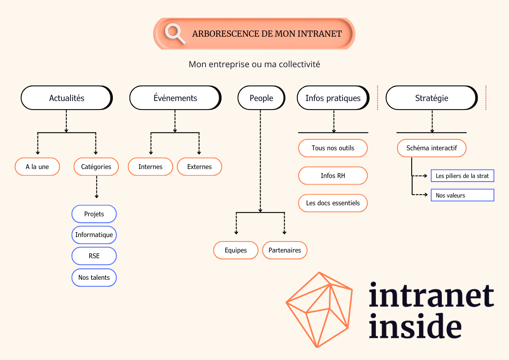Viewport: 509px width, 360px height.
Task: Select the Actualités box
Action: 66,98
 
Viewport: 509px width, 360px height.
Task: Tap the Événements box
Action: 175,98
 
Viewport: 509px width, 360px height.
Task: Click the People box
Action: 261,98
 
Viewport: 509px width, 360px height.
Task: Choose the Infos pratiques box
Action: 333,98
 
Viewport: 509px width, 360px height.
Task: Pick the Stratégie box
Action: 431,98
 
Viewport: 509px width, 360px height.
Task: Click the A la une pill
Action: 37,167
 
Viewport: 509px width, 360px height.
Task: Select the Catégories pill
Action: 96,167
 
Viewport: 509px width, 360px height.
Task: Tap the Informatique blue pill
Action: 94,235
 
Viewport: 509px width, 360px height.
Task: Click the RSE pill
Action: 94,256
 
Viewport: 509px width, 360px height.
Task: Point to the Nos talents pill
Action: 94,277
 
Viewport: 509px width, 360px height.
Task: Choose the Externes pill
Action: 200,167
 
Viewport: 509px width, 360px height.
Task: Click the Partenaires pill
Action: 285,250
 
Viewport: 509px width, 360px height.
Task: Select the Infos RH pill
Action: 333,176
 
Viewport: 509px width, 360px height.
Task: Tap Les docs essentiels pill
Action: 333,203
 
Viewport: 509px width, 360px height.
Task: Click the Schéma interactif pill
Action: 431,148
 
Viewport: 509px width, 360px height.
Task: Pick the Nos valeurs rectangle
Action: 462,195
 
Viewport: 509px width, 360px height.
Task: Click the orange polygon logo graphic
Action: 320,310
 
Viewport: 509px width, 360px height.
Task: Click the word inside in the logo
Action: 415,326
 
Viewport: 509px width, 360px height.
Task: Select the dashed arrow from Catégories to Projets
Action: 97,187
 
